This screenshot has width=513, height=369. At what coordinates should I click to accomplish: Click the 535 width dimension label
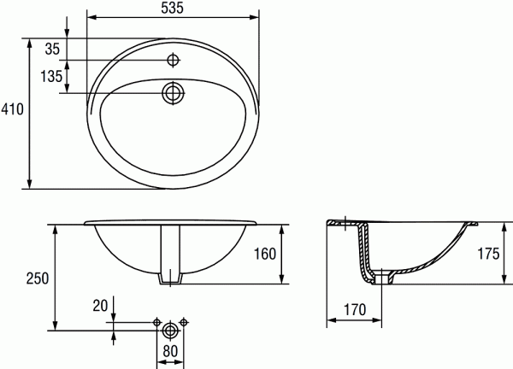tap(174, 8)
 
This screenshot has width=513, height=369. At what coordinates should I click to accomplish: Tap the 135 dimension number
tap(50, 77)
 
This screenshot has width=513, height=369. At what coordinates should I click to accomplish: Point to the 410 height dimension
tap(12, 109)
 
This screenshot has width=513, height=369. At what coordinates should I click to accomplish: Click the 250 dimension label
tap(36, 278)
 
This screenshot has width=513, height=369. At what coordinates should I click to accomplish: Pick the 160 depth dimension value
tap(266, 254)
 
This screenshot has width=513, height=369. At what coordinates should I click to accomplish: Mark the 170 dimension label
tap(356, 308)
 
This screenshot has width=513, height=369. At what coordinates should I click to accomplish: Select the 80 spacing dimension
tap(170, 349)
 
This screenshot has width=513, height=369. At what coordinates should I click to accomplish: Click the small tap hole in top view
tap(174, 60)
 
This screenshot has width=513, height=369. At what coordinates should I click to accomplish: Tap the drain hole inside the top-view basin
tap(174, 92)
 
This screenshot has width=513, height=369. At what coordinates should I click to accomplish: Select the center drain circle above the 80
tap(170, 328)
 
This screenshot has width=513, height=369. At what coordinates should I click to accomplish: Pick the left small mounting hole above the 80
tap(156, 322)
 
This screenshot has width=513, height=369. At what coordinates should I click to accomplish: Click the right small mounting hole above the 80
tap(184, 322)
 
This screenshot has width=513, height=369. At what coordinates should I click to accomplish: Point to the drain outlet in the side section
tap(382, 275)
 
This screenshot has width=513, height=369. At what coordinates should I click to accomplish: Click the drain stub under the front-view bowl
tap(170, 278)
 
